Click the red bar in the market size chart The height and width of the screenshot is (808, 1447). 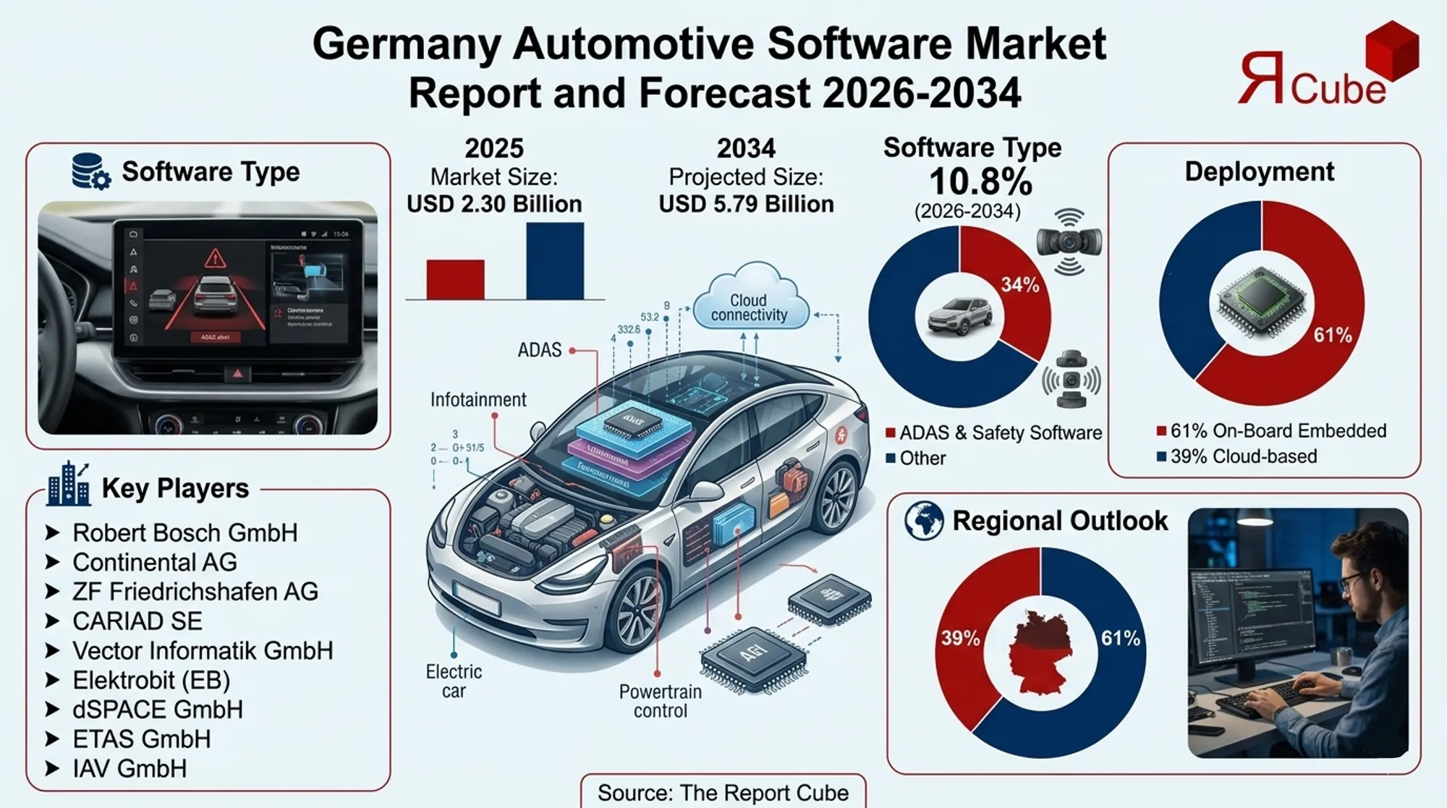click(455, 279)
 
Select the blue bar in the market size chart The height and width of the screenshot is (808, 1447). click(555, 261)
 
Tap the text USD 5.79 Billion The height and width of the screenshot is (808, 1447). click(746, 204)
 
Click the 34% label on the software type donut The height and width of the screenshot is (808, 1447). click(1019, 285)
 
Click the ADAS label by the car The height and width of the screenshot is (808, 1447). click(539, 350)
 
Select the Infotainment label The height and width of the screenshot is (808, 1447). click(478, 400)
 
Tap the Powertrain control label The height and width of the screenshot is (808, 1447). click(660, 701)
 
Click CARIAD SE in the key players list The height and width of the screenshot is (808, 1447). click(137, 621)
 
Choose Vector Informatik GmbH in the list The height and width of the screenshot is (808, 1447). click(203, 651)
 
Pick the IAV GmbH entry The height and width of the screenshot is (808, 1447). click(130, 769)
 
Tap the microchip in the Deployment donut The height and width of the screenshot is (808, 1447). click(1261, 302)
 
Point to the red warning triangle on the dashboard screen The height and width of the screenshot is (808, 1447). click(215, 258)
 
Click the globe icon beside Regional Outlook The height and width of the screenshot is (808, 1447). click(924, 521)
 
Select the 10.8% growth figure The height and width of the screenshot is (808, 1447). click(980, 182)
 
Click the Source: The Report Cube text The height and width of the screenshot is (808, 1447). click(723, 793)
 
